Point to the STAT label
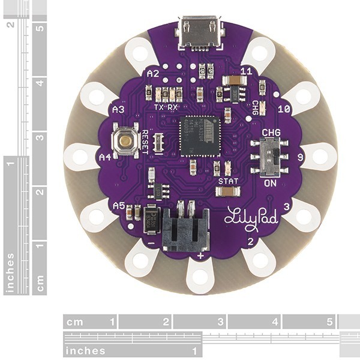pos(228,181)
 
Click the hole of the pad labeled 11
pos(260,53)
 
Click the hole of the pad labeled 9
pos(320,157)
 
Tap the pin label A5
pos(119,205)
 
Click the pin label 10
pos(285,109)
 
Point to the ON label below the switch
pos(270,184)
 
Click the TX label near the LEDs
pos(159,107)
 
